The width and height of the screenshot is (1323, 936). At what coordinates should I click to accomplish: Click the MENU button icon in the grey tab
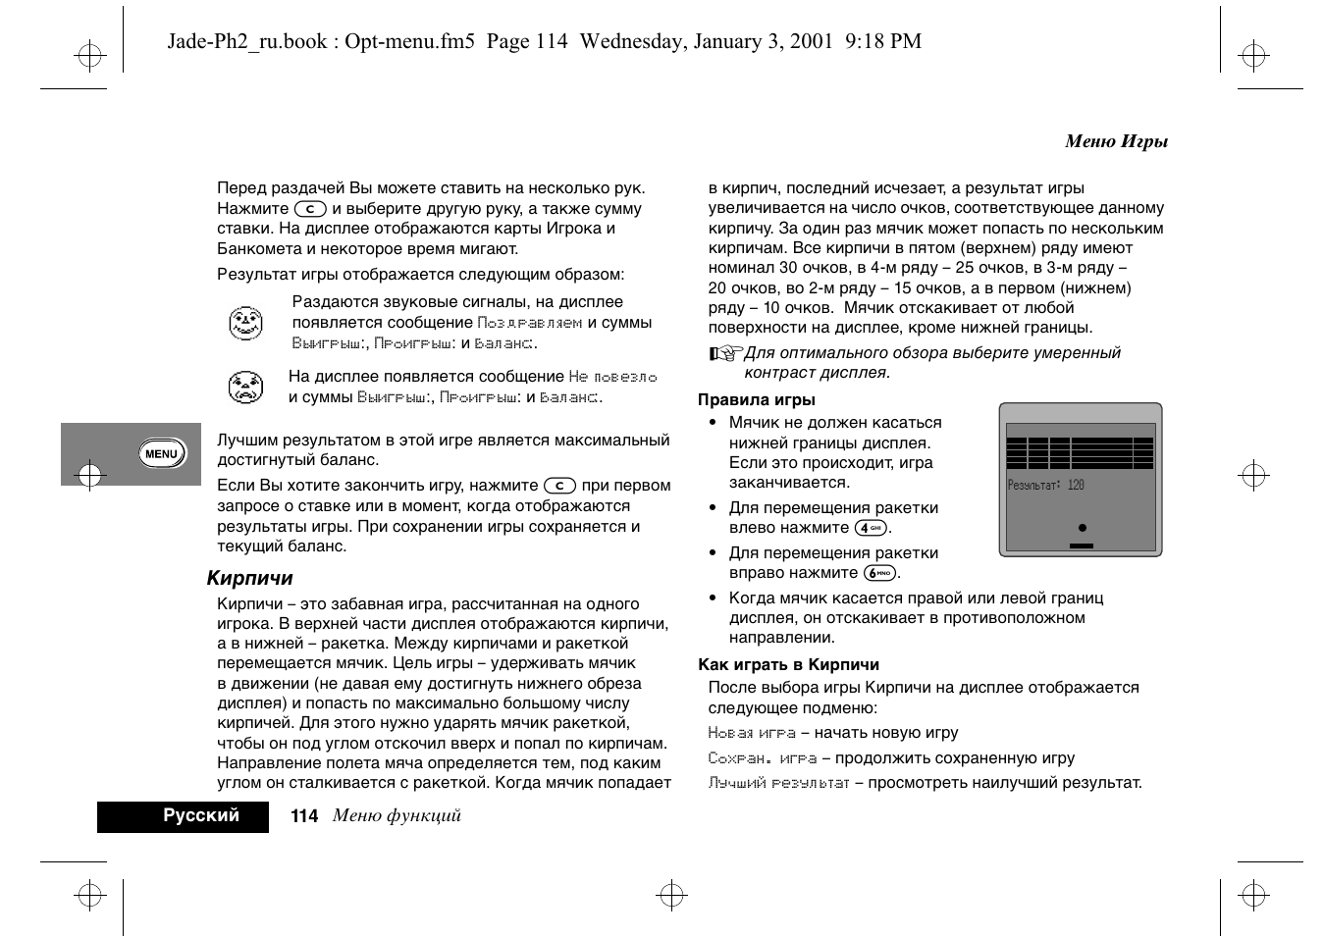(x=162, y=453)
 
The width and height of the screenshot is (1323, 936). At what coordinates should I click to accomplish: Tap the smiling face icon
(x=245, y=323)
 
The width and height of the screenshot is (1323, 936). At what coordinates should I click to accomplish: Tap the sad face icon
(x=245, y=388)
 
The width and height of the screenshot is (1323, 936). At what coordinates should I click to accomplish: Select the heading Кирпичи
(x=249, y=578)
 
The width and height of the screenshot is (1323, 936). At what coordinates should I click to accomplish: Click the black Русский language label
(x=201, y=815)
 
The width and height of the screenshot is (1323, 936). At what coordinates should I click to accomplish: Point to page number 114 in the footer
(x=304, y=816)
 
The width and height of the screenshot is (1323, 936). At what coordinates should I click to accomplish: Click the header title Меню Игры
(x=1116, y=141)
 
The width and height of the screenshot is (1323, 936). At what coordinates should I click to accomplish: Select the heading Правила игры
(x=756, y=399)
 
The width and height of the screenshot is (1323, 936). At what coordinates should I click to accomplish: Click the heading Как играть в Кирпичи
(x=788, y=664)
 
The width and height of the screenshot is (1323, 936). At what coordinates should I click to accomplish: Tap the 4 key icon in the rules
(x=871, y=528)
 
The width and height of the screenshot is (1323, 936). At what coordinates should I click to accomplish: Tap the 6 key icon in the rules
(x=879, y=573)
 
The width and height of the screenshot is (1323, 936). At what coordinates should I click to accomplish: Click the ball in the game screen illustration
(x=1082, y=528)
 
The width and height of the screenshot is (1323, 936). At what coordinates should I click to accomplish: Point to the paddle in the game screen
(x=1081, y=545)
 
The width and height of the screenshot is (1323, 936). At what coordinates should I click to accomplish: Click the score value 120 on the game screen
(x=1076, y=485)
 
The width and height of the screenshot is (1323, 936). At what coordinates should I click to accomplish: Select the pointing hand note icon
(x=725, y=353)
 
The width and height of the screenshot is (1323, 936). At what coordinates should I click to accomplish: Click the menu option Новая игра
(x=751, y=733)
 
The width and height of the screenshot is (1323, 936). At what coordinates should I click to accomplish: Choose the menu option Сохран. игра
(x=762, y=758)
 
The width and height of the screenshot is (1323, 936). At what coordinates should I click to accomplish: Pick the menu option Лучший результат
(x=778, y=783)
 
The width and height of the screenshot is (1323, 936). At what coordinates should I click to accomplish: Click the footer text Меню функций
(x=397, y=815)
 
